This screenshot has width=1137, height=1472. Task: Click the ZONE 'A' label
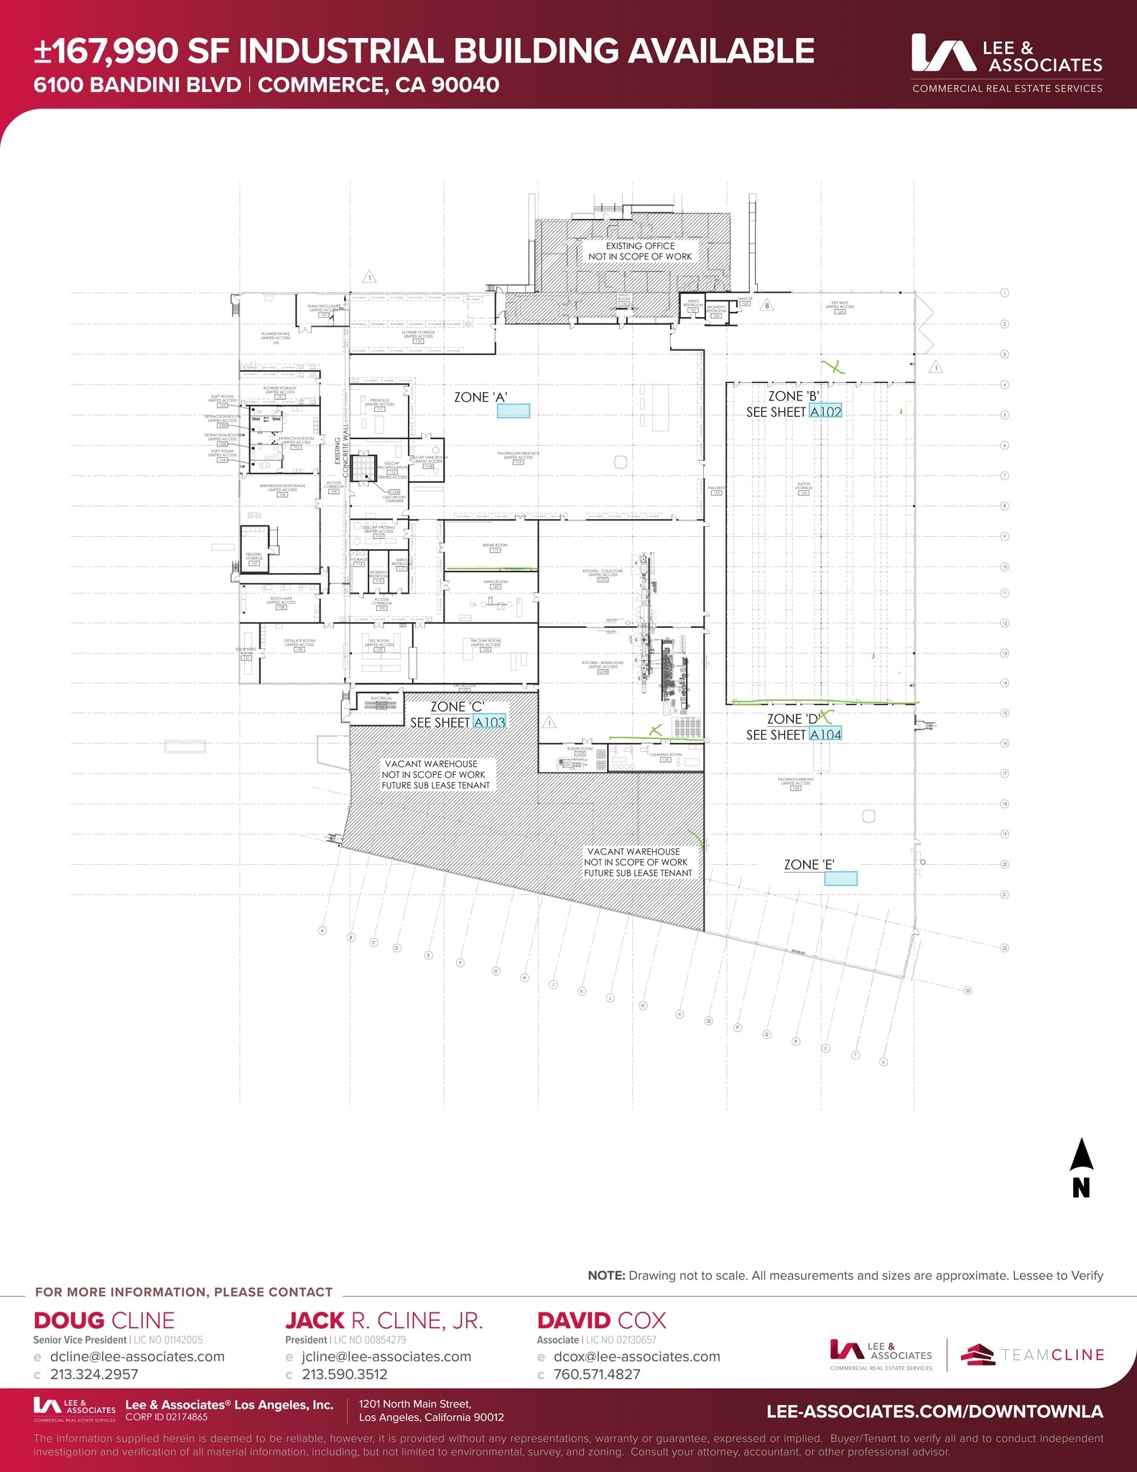[x=481, y=397]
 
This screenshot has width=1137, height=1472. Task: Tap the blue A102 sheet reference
[x=825, y=412]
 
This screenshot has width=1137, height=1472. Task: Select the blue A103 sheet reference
[x=489, y=722]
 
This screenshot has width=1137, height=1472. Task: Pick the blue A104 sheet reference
[x=825, y=735]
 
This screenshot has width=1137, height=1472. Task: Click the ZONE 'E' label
[x=809, y=865]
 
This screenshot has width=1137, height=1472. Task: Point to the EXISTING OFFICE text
[x=640, y=246]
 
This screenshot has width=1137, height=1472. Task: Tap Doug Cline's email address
[x=137, y=1357]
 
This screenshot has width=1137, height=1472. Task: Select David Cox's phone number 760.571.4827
[x=596, y=1374]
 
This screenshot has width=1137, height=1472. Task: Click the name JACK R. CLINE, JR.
[x=384, y=1320]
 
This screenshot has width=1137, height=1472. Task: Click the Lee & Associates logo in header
[x=1006, y=63]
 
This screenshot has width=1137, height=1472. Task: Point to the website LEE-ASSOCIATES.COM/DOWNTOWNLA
[x=934, y=1411]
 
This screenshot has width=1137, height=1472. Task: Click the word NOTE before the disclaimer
[x=606, y=1276]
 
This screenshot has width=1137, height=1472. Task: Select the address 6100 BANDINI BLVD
[x=137, y=85]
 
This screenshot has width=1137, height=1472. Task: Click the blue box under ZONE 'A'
[x=514, y=411]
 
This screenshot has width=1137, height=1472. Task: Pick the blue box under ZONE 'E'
[x=840, y=878]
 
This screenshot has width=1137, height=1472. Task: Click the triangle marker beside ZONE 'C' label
[x=549, y=722]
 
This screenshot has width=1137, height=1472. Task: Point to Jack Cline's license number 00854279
[x=370, y=1340]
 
